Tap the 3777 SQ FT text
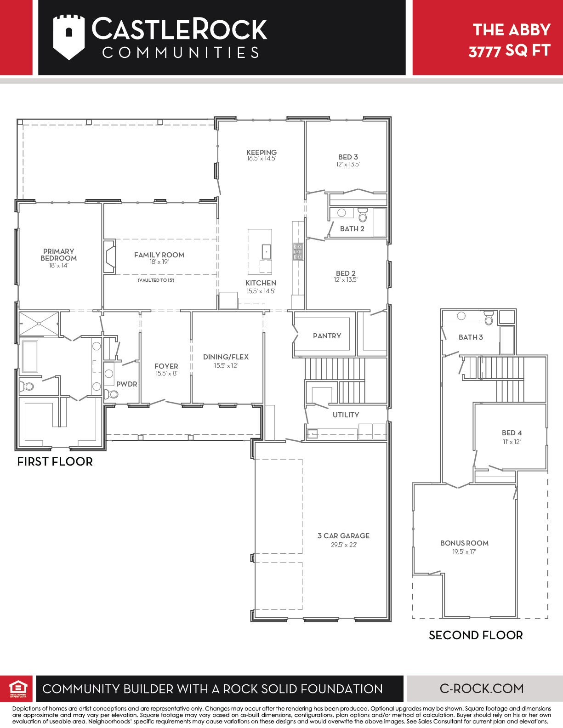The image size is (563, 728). (x=509, y=51)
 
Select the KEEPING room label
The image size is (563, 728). (x=262, y=152)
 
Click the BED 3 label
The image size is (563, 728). (x=348, y=157)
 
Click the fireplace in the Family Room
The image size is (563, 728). (x=109, y=256)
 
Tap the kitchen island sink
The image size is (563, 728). (x=267, y=251)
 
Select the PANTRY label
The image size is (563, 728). (x=327, y=336)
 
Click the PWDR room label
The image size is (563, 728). (x=126, y=384)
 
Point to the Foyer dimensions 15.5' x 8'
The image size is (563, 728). (x=166, y=374)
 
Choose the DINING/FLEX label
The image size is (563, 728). (x=226, y=357)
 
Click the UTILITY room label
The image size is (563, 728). (x=346, y=415)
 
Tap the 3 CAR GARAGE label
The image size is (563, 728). (x=343, y=536)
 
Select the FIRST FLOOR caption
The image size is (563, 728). (x=55, y=461)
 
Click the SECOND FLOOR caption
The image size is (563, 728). (x=476, y=635)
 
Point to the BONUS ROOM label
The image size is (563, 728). (x=464, y=543)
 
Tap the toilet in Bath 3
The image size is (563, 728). (x=489, y=318)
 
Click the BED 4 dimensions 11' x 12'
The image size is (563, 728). (x=512, y=442)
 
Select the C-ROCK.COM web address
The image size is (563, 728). (x=482, y=688)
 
